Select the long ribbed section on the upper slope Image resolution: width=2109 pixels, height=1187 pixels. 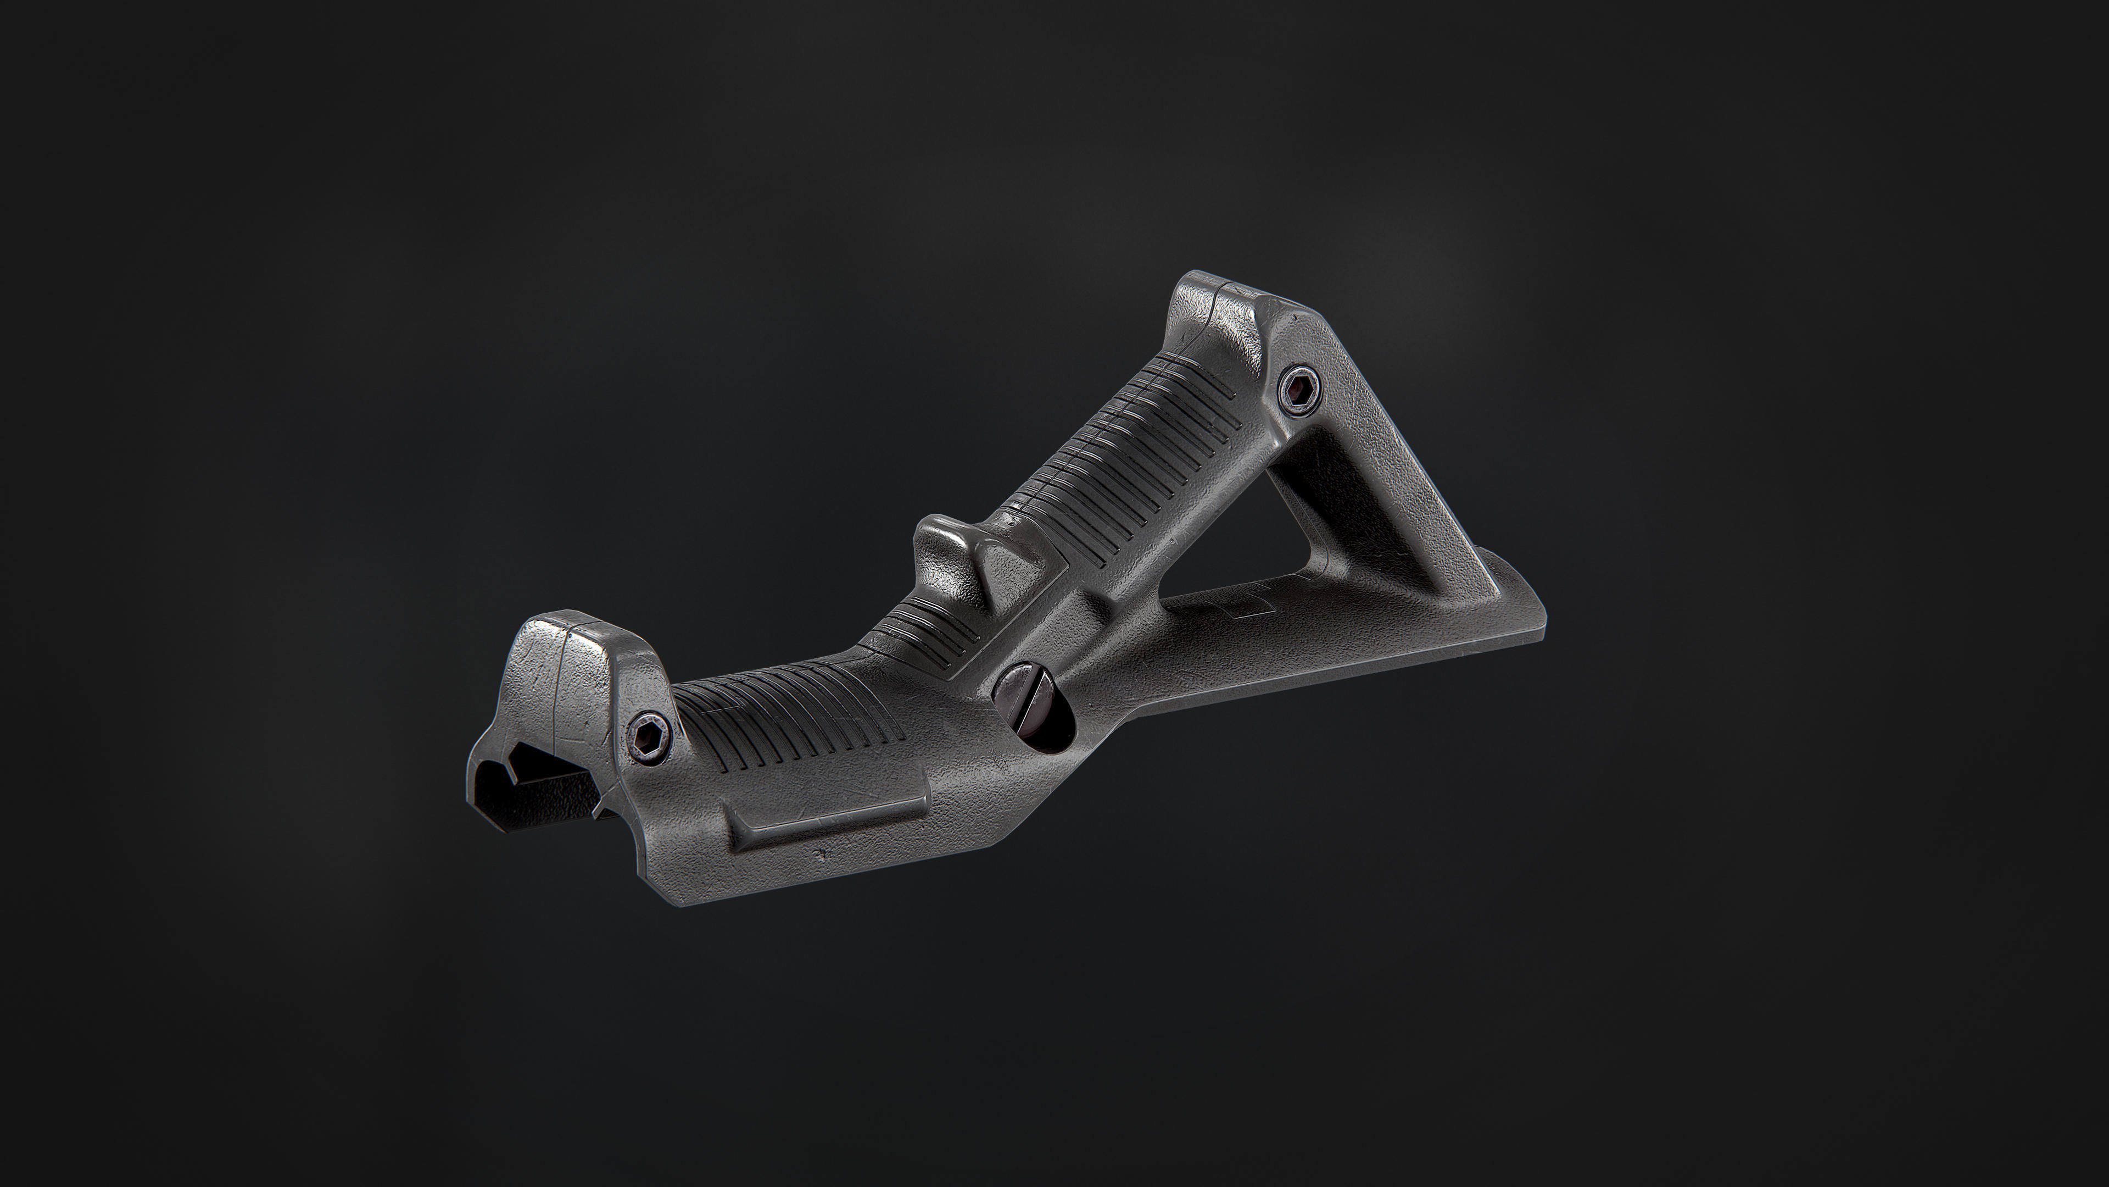coord(1130,459)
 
